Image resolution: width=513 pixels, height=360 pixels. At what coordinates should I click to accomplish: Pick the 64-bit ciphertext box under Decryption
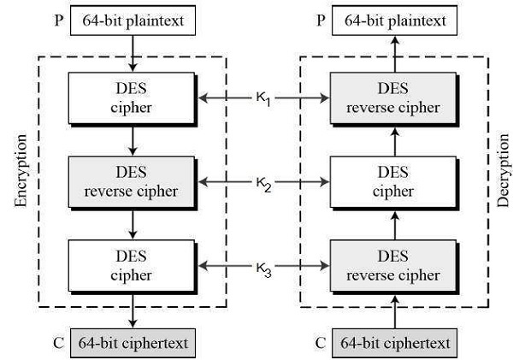pyautogui.click(x=394, y=343)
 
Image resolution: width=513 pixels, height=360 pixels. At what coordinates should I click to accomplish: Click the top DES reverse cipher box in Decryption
pyautogui.click(x=394, y=99)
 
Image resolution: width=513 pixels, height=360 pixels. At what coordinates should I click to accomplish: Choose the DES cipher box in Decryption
pyautogui.click(x=394, y=182)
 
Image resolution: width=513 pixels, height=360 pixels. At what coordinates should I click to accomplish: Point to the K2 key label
pyautogui.click(x=262, y=184)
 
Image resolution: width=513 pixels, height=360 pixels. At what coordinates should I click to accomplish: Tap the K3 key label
pyautogui.click(x=262, y=268)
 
